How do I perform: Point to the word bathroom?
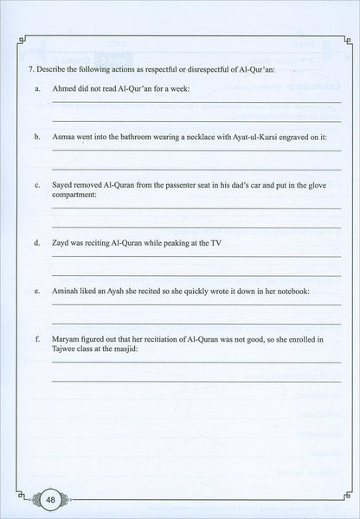coord(147,137)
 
